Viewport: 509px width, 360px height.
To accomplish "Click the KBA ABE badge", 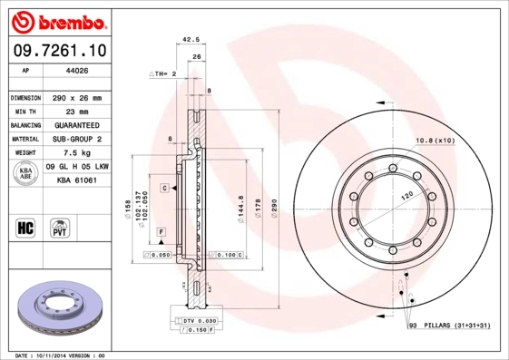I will [x=27, y=174].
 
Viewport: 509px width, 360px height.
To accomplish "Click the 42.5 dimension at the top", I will [x=191, y=40].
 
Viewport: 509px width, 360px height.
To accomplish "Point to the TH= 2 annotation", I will [x=163, y=73].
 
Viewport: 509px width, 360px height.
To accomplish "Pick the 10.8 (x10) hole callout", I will [x=434, y=140].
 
